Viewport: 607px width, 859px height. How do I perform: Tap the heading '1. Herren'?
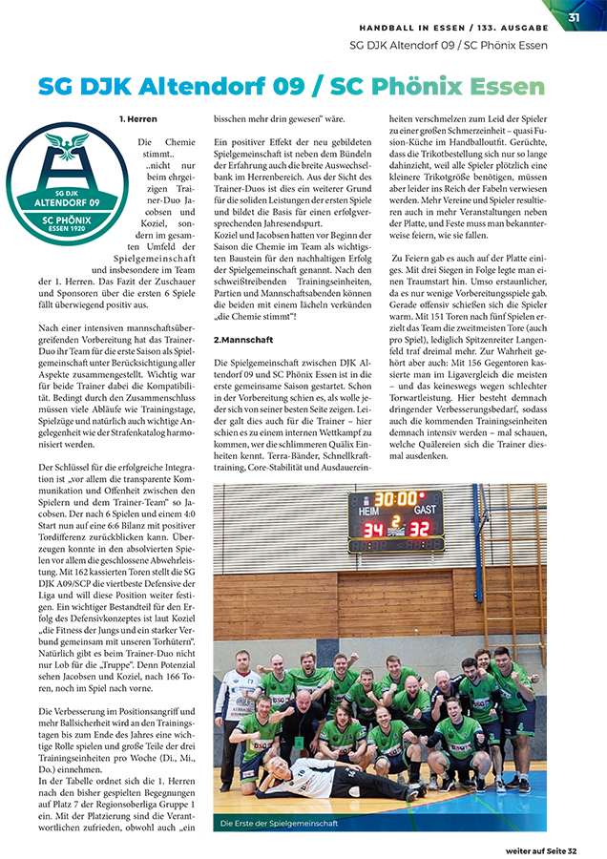pos(138,119)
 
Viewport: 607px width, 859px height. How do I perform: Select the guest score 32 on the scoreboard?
pos(420,528)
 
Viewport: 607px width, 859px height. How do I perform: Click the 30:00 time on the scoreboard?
pos(394,498)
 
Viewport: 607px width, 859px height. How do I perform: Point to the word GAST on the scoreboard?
pos(425,512)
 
